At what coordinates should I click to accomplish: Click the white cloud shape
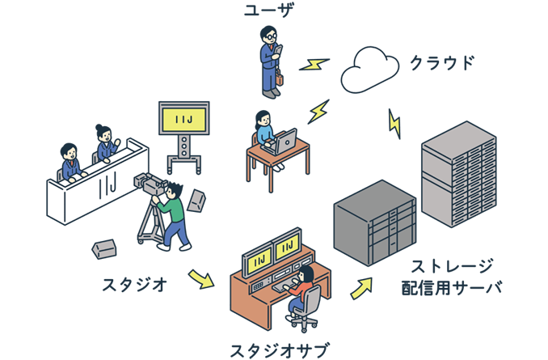tap(369, 70)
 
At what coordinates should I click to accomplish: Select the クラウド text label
tap(441, 63)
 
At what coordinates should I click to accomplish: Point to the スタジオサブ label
tap(279, 349)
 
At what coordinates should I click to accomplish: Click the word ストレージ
tap(452, 266)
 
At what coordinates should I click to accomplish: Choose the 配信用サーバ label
tap(452, 287)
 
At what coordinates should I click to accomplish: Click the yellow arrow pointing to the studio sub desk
tap(200, 278)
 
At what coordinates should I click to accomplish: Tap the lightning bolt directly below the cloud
tap(394, 123)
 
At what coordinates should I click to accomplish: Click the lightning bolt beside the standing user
tap(314, 63)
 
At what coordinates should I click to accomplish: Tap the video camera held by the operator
tap(150, 184)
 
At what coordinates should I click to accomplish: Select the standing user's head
tap(268, 36)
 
